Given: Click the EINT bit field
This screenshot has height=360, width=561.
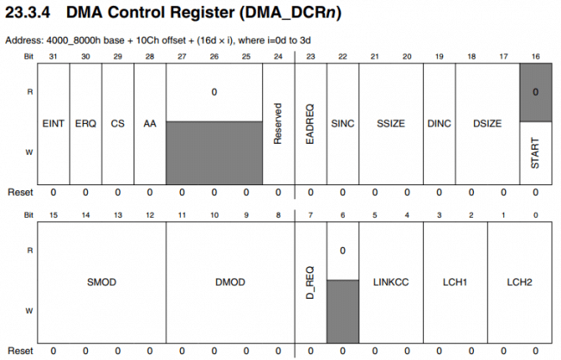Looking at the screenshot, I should tap(53, 123).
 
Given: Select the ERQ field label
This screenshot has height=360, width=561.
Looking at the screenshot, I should tap(84, 123).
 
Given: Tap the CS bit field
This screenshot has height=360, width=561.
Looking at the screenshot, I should tap(117, 123).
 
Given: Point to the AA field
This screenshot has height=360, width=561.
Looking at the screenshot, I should tap(149, 123).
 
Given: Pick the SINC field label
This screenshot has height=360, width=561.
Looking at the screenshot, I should tap(342, 123).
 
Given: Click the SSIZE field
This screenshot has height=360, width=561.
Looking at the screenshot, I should tap(390, 123).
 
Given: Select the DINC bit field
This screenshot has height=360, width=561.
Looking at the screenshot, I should tap(439, 123).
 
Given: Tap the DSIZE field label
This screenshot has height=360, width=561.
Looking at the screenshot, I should tap(487, 123).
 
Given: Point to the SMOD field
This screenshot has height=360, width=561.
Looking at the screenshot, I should tap(102, 282).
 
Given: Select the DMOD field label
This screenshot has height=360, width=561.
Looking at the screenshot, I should tap(230, 282).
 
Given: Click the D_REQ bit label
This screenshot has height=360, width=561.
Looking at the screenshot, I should tap(310, 281).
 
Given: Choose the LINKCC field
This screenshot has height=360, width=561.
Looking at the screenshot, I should tap(390, 282).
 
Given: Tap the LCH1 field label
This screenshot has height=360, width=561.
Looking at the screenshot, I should tap(454, 282).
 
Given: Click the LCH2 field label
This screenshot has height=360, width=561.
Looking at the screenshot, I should tap(519, 282).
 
